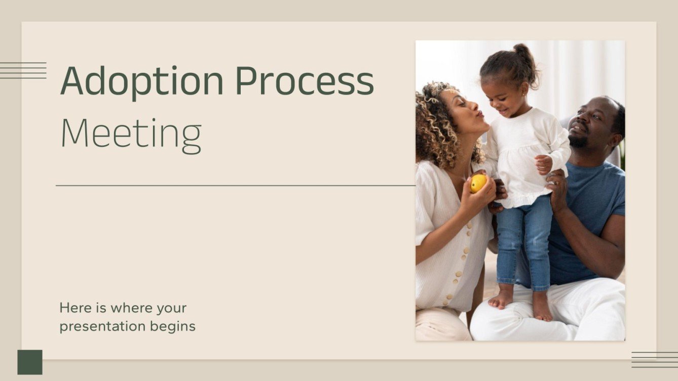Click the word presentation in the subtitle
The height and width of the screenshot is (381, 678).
click(x=103, y=327)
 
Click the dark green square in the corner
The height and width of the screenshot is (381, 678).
click(x=30, y=362)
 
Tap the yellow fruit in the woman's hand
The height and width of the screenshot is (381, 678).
click(x=478, y=183)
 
